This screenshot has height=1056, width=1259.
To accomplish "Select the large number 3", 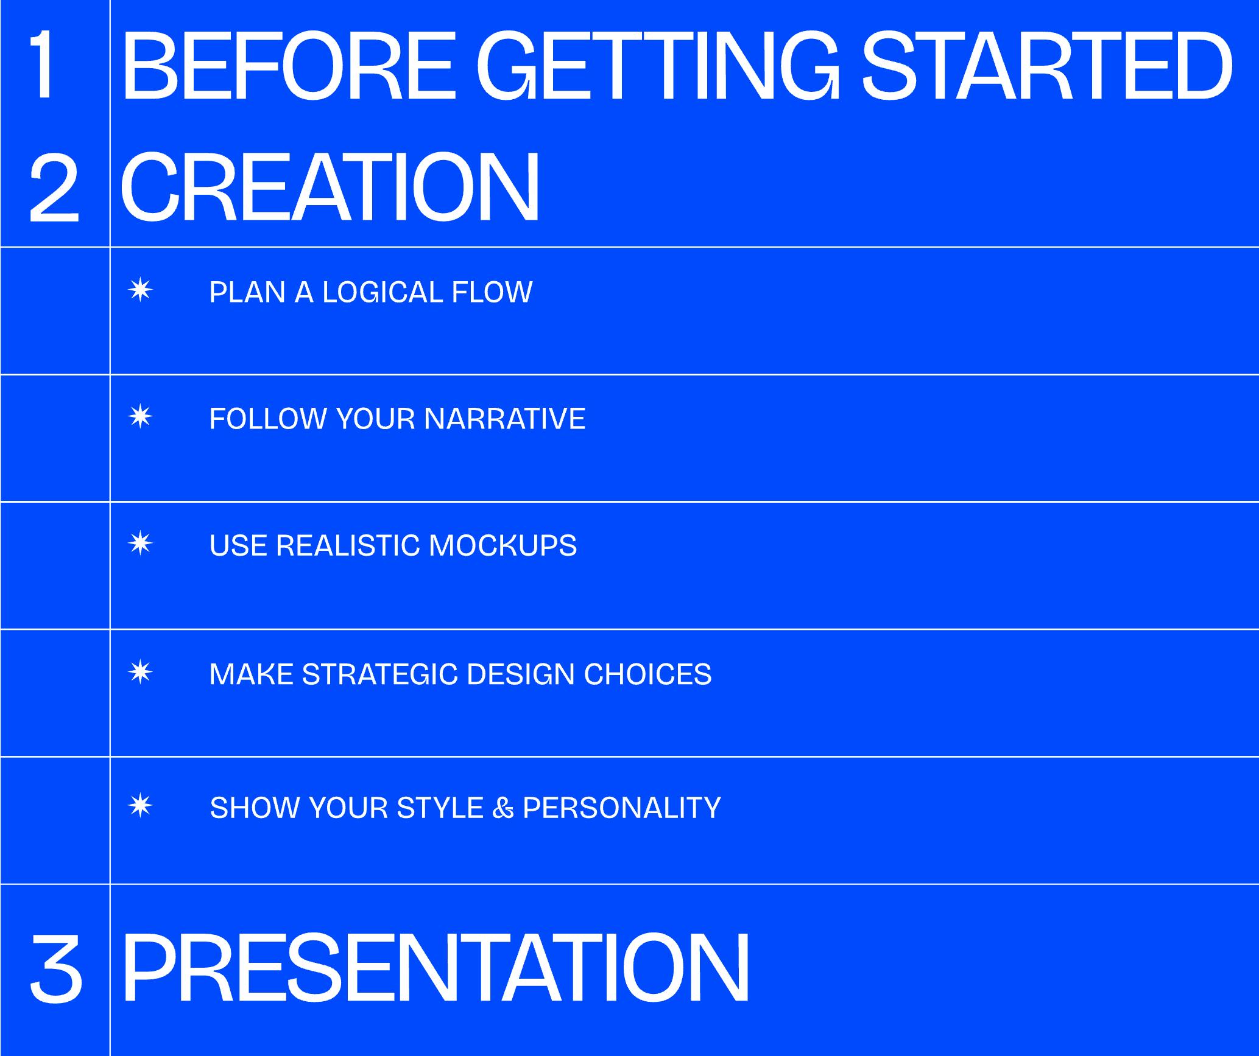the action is [x=55, y=968].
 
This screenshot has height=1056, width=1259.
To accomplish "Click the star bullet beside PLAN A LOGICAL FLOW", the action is [x=141, y=290].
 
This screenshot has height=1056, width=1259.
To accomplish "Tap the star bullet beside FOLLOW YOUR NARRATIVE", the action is [x=141, y=417].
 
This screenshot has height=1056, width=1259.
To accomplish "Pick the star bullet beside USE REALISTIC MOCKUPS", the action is [x=141, y=544].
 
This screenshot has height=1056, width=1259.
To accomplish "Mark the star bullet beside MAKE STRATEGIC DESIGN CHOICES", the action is [x=141, y=672].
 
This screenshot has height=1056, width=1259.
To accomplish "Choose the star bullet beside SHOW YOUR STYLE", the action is [x=141, y=806].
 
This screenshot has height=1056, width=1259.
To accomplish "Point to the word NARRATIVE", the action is [x=504, y=419].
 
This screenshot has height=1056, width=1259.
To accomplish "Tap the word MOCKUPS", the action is [x=503, y=545].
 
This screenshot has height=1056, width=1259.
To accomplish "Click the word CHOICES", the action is [x=647, y=674].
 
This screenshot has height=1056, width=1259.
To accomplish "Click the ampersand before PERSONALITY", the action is [x=503, y=808].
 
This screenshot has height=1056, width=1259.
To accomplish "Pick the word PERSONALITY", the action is [x=622, y=808].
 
